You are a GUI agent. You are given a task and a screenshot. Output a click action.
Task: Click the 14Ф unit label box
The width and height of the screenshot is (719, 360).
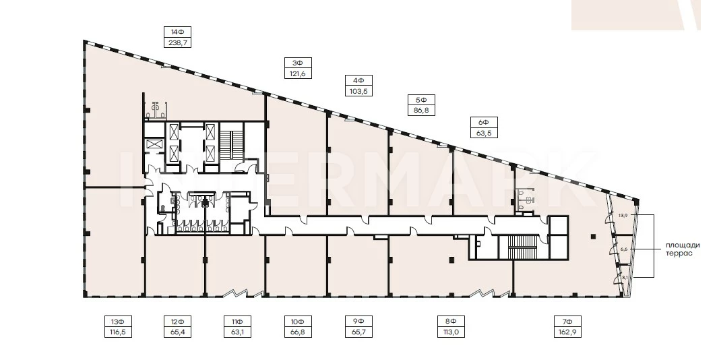tap(177, 32)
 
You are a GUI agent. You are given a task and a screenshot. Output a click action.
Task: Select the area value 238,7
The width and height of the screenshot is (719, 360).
tap(177, 42)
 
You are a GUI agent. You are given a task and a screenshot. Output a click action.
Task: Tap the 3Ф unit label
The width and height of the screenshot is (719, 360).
tap(298, 63)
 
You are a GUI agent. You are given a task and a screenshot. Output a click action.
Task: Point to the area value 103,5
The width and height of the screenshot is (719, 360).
tap(358, 91)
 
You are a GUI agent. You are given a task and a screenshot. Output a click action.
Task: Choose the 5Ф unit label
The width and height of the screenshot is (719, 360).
tap(421, 100)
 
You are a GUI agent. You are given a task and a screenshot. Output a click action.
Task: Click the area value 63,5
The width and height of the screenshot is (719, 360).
tap(484, 133)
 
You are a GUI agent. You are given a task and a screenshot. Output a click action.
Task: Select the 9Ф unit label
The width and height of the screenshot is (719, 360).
tap(358, 321)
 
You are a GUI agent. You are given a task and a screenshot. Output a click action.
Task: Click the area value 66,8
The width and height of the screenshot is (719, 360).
tap(298, 332)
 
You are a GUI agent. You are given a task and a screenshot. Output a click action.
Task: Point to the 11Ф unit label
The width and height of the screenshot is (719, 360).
tap(237, 321)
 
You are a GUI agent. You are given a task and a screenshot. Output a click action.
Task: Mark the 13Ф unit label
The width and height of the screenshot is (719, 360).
tap(118, 321)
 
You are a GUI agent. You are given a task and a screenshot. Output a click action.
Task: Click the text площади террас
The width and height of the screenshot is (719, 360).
tap(683, 249)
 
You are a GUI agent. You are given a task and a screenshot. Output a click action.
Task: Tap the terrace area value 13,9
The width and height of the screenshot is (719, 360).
tap(622, 214)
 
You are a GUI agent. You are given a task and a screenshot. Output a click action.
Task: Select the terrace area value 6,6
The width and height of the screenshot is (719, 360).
tap(623, 249)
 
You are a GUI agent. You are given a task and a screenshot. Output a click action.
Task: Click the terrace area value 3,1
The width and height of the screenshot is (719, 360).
tap(624, 277)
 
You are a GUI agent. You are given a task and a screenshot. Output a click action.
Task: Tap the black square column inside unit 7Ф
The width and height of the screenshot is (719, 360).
tap(594, 237)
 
